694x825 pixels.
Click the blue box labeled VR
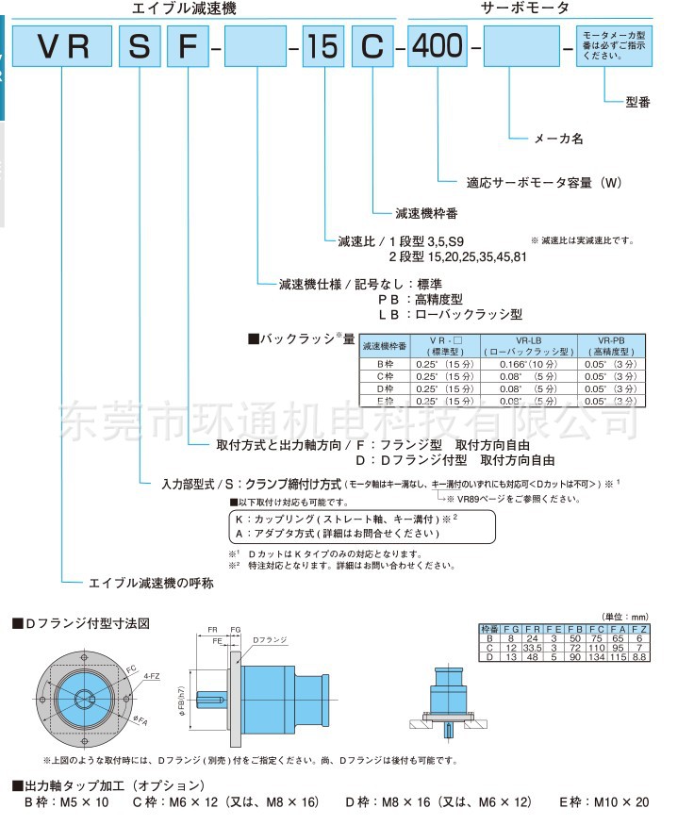(x=64, y=46)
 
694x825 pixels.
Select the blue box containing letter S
(x=140, y=46)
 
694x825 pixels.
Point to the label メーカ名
(x=559, y=139)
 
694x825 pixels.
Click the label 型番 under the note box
(x=637, y=102)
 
